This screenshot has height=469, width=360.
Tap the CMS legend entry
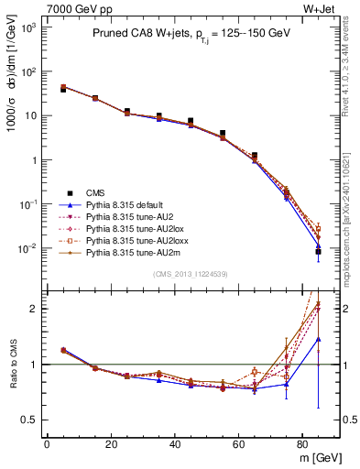tap(97, 192)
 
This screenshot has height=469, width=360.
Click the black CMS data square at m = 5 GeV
tap(63, 90)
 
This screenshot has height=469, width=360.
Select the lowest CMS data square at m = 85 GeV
tap(318, 251)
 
